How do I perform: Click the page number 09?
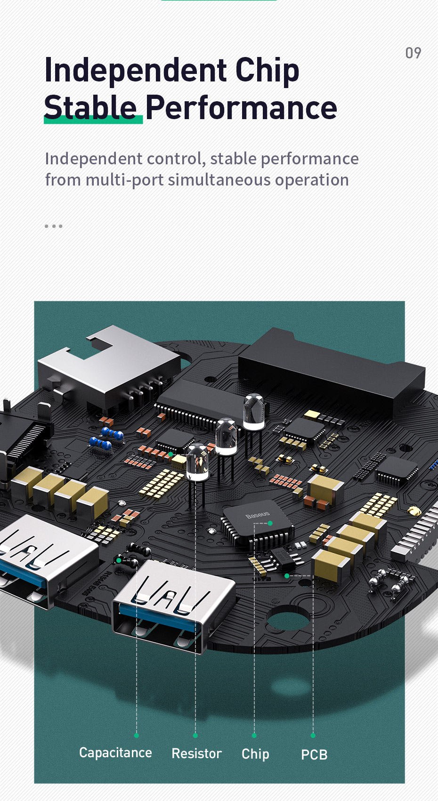pyautogui.click(x=414, y=53)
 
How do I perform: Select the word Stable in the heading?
pyautogui.click(x=90, y=107)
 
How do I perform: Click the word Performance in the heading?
pyautogui.click(x=241, y=107)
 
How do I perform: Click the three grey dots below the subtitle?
pyautogui.click(x=53, y=226)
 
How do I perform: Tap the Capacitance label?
pyautogui.click(x=115, y=752)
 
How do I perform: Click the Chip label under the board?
pyautogui.click(x=255, y=754)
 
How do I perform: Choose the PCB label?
pyautogui.click(x=314, y=754)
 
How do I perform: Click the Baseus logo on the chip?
pyautogui.click(x=258, y=515)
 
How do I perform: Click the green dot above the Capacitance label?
pyautogui.click(x=136, y=735)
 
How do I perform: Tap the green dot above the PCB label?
pyautogui.click(x=313, y=735)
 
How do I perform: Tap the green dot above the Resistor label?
pyautogui.click(x=195, y=735)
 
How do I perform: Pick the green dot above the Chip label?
pyautogui.click(x=254, y=735)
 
